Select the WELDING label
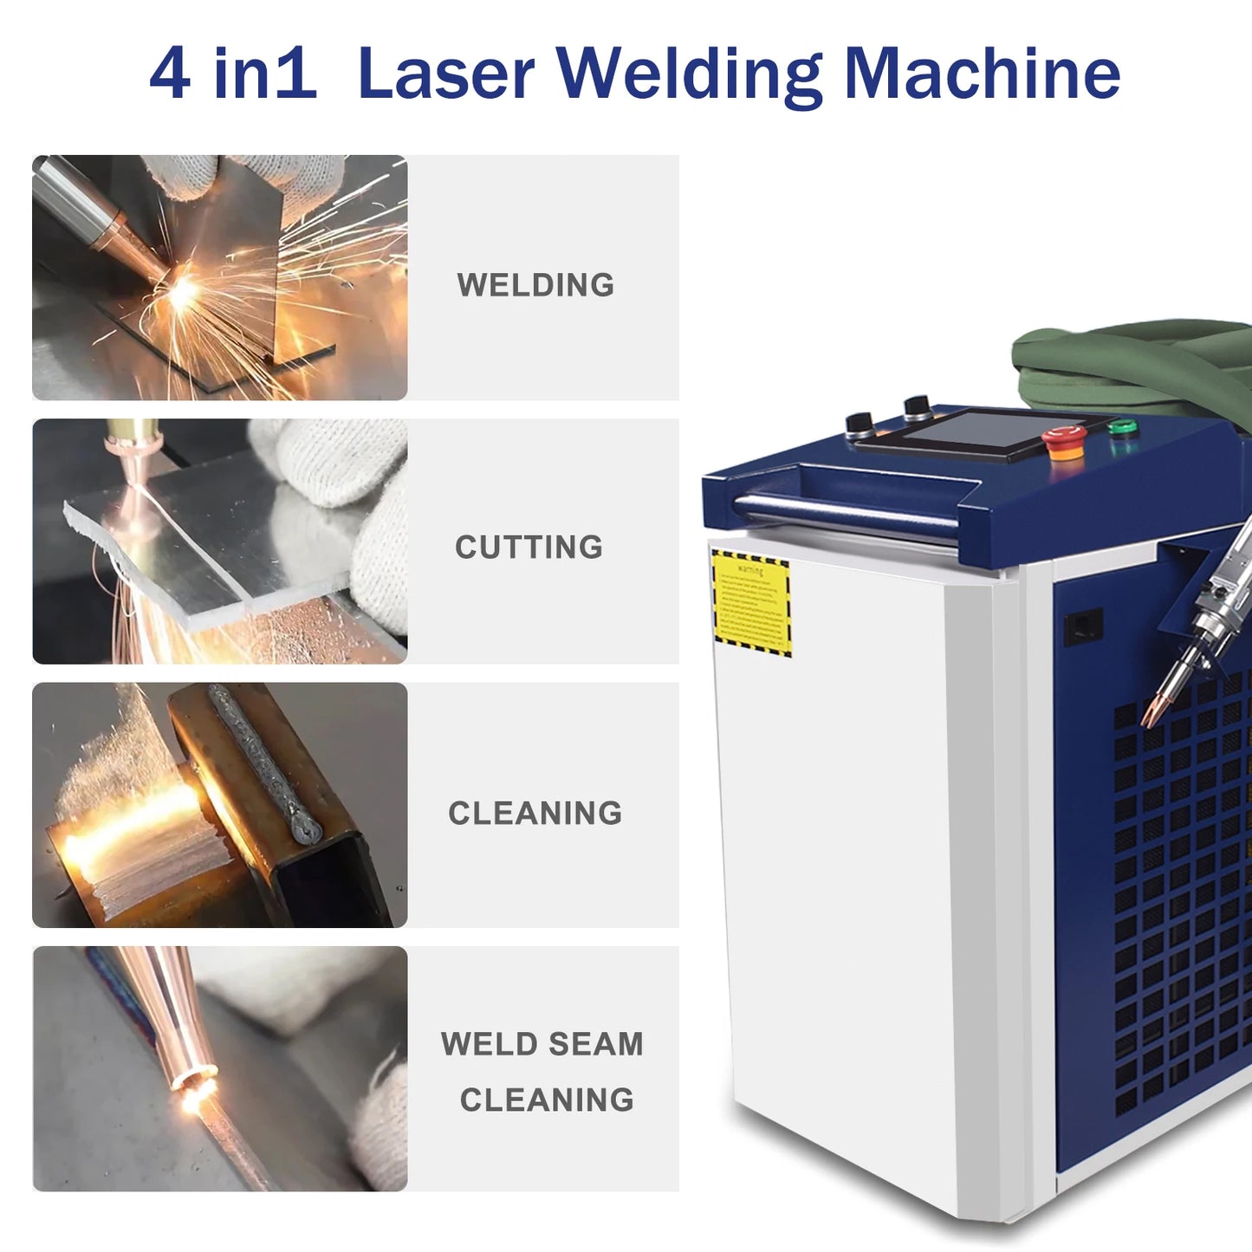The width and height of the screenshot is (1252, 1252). point(535,285)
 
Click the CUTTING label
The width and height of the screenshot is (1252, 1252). point(529,548)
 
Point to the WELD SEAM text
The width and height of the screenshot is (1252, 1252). point(542,1044)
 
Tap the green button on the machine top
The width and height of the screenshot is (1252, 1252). point(1123,427)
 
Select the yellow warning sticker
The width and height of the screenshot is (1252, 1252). point(751,602)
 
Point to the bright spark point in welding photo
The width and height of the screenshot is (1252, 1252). point(183,290)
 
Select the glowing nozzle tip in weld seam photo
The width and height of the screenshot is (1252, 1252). point(194,1083)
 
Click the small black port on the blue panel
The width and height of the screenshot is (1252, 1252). point(1083,626)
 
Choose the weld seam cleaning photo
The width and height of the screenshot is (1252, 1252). point(219,1068)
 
